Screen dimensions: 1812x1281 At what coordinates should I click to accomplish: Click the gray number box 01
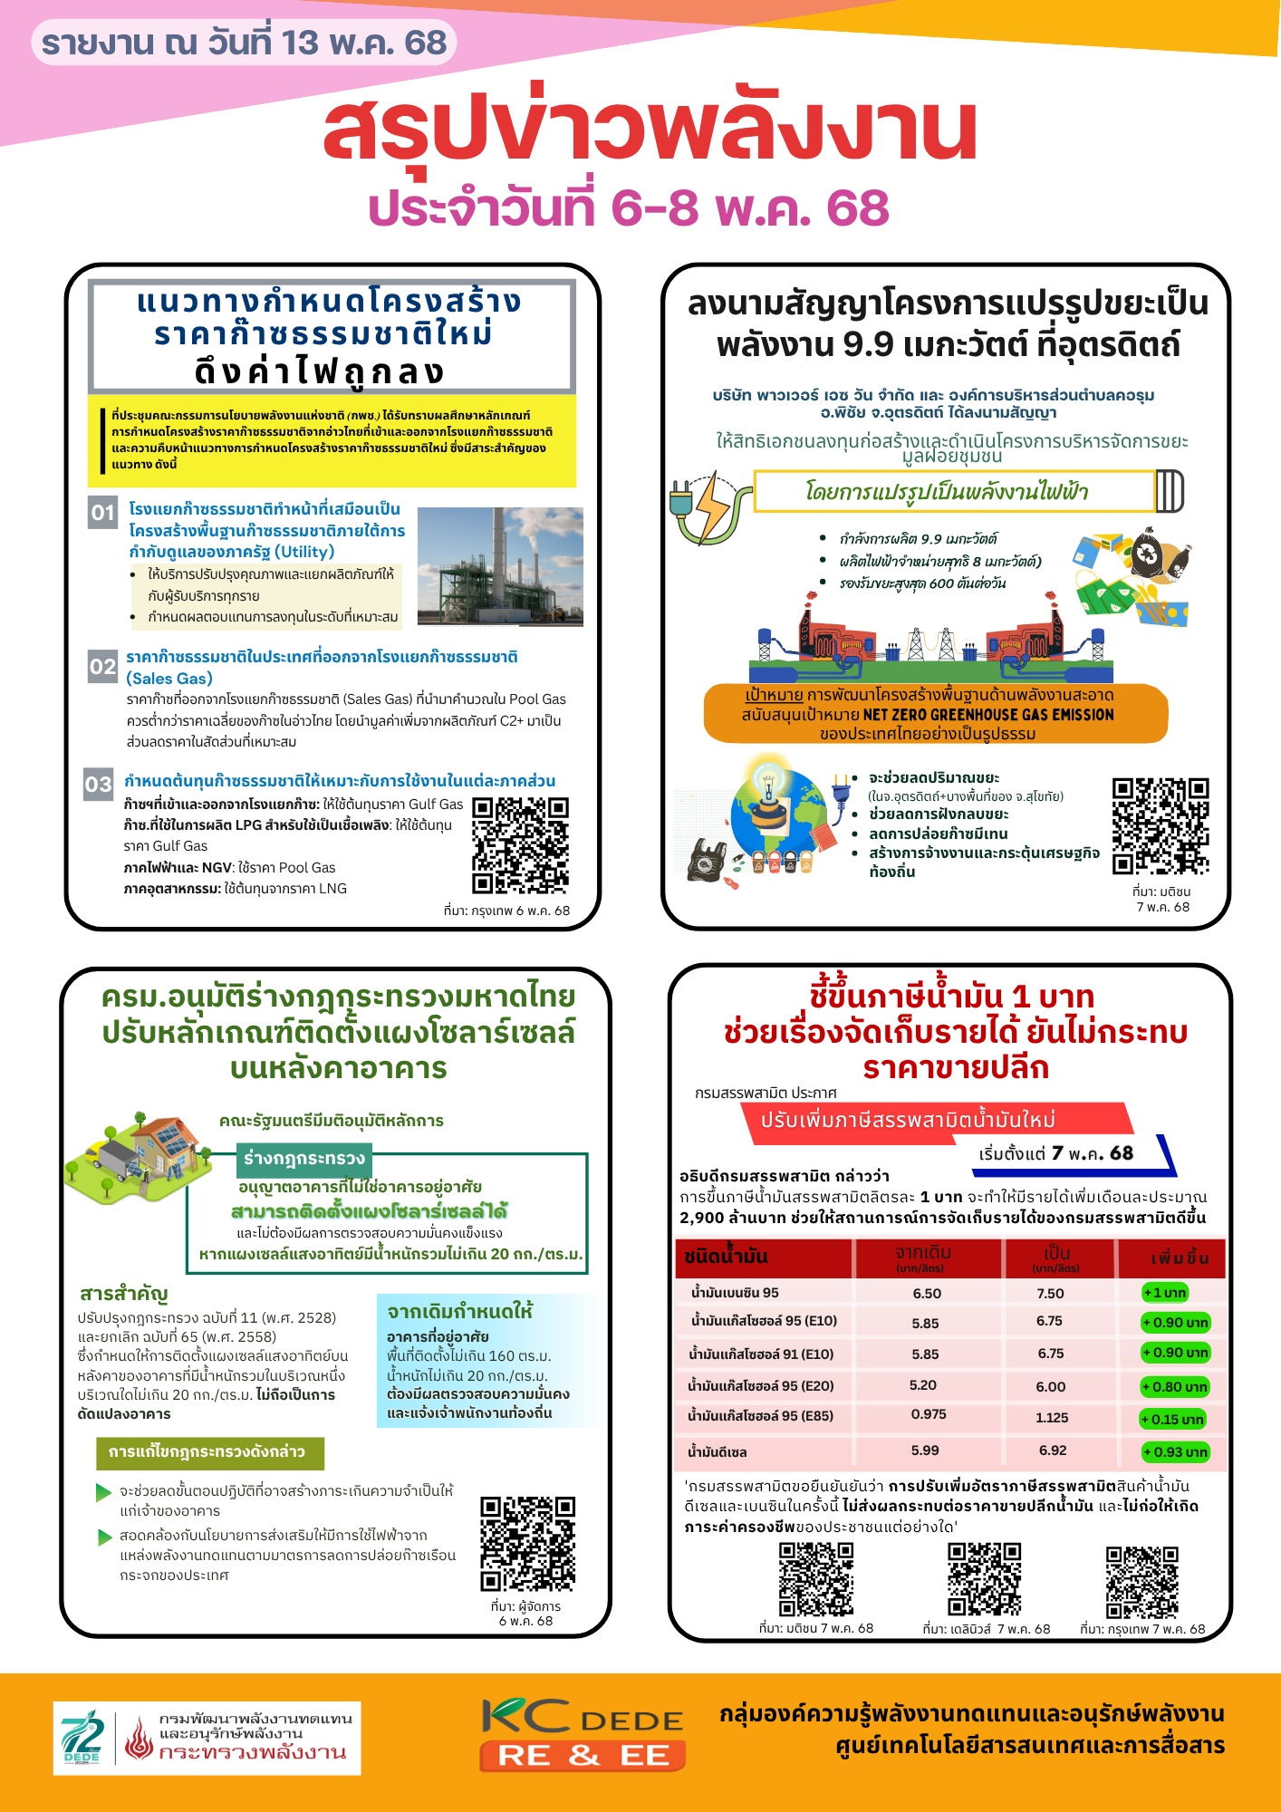(x=102, y=513)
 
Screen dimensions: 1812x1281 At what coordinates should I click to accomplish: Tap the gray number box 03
(x=99, y=784)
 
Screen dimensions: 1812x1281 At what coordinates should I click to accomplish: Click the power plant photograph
(x=499, y=566)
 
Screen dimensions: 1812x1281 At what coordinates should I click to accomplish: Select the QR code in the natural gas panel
(x=520, y=844)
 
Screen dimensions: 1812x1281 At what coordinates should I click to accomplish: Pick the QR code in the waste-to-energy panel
(x=1161, y=824)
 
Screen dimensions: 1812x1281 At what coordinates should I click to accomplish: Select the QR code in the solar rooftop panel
(x=527, y=1544)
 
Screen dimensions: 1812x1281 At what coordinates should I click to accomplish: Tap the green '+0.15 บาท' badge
(x=1173, y=1419)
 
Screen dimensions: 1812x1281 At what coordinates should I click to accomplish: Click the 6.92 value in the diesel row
(x=1053, y=1451)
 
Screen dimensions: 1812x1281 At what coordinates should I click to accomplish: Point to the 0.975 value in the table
(x=929, y=1414)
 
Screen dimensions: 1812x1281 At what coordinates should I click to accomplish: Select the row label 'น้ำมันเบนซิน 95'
(x=735, y=1293)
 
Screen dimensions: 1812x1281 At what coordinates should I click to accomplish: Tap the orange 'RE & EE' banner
(x=583, y=1756)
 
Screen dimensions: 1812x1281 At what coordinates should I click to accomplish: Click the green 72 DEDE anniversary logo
(x=83, y=1738)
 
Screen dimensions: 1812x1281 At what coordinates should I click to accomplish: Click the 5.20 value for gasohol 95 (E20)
(x=923, y=1385)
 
